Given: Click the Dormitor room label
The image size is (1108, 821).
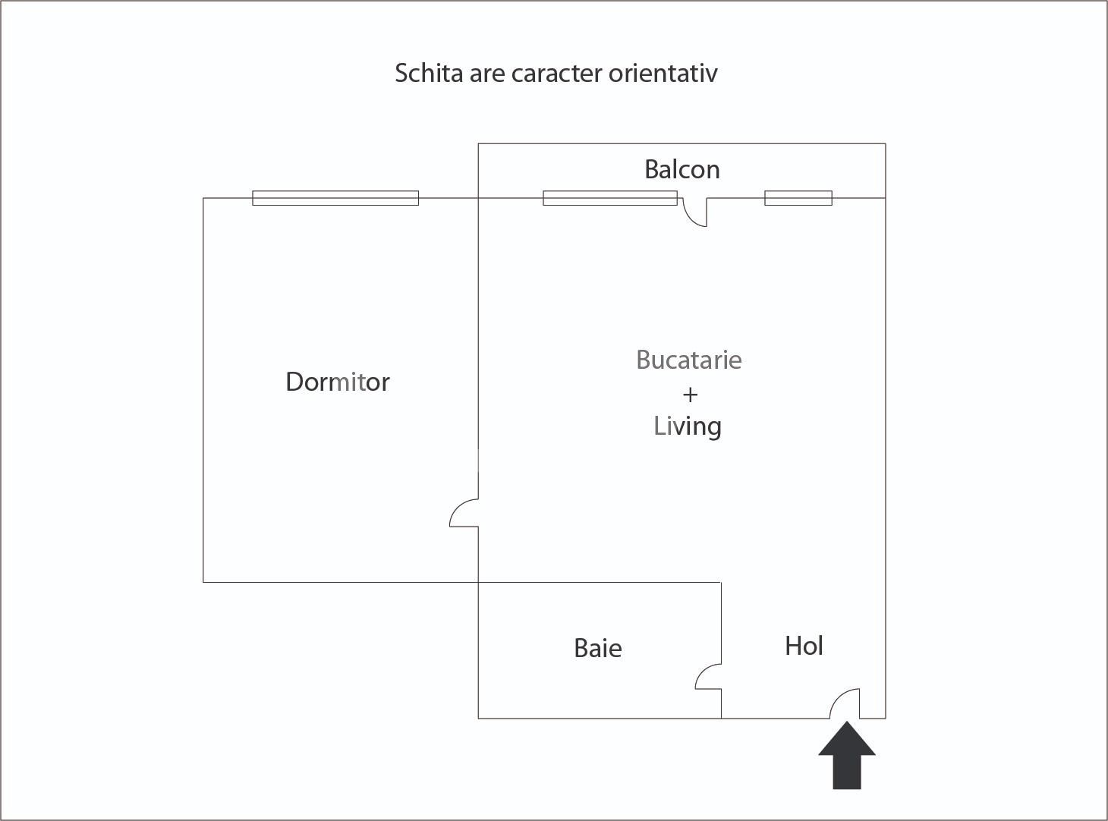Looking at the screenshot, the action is tap(338, 382).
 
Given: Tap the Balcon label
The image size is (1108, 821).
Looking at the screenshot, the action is tap(682, 169).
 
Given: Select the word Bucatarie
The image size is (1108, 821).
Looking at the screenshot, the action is tap(689, 359).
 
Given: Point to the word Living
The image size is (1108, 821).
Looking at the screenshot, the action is tap(688, 426).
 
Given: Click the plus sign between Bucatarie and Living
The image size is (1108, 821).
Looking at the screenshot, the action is tap(690, 395).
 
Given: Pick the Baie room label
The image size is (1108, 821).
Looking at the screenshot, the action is tap(598, 648).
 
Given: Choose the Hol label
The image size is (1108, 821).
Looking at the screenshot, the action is tap(804, 646).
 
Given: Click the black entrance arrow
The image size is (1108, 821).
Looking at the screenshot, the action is tap(847, 755).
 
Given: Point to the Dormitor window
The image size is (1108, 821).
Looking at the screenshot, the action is tap(335, 198).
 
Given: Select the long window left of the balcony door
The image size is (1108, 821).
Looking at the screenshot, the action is tap(610, 198).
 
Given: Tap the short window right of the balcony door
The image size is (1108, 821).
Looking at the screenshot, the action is tap(798, 198).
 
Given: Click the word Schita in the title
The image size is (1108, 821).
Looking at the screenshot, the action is tap(429, 74).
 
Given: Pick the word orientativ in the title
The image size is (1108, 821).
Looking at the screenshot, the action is tap(663, 74).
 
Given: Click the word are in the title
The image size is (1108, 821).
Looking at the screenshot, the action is tap(487, 75).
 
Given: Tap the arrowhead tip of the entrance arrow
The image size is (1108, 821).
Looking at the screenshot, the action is tap(847, 722).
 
